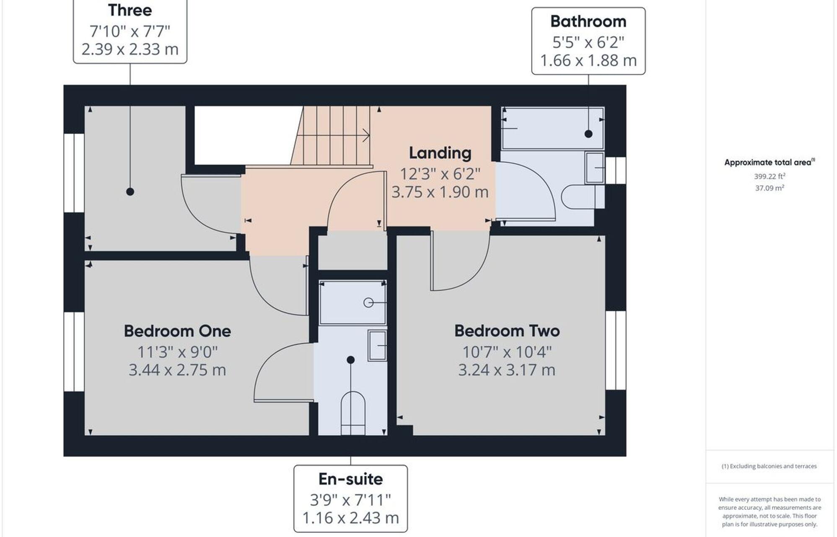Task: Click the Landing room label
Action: pyautogui.click(x=440, y=153)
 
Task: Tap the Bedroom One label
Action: pyautogui.click(x=177, y=331)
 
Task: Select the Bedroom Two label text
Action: pyautogui.click(x=507, y=331)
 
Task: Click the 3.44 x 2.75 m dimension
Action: pyautogui.click(x=177, y=370)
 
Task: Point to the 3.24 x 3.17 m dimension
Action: pyautogui.click(x=507, y=370)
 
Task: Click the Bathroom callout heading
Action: pyautogui.click(x=588, y=21)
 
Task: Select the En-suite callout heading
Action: pyautogui.click(x=350, y=479)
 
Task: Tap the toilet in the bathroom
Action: pyautogui.click(x=580, y=196)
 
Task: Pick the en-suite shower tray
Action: pyautogui.click(x=352, y=302)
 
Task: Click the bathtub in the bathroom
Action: pyautogui.click(x=552, y=128)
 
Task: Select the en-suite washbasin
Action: pyautogui.click(x=377, y=345)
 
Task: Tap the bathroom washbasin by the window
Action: pyautogui.click(x=595, y=168)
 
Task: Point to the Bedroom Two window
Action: pyautogui.click(x=616, y=350)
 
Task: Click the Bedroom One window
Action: pyautogui.click(x=74, y=351)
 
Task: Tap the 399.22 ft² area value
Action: pyautogui.click(x=769, y=177)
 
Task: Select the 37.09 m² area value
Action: pyautogui.click(x=769, y=188)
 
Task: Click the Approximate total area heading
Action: pyautogui.click(x=769, y=162)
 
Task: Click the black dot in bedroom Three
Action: pyautogui.click(x=130, y=192)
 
